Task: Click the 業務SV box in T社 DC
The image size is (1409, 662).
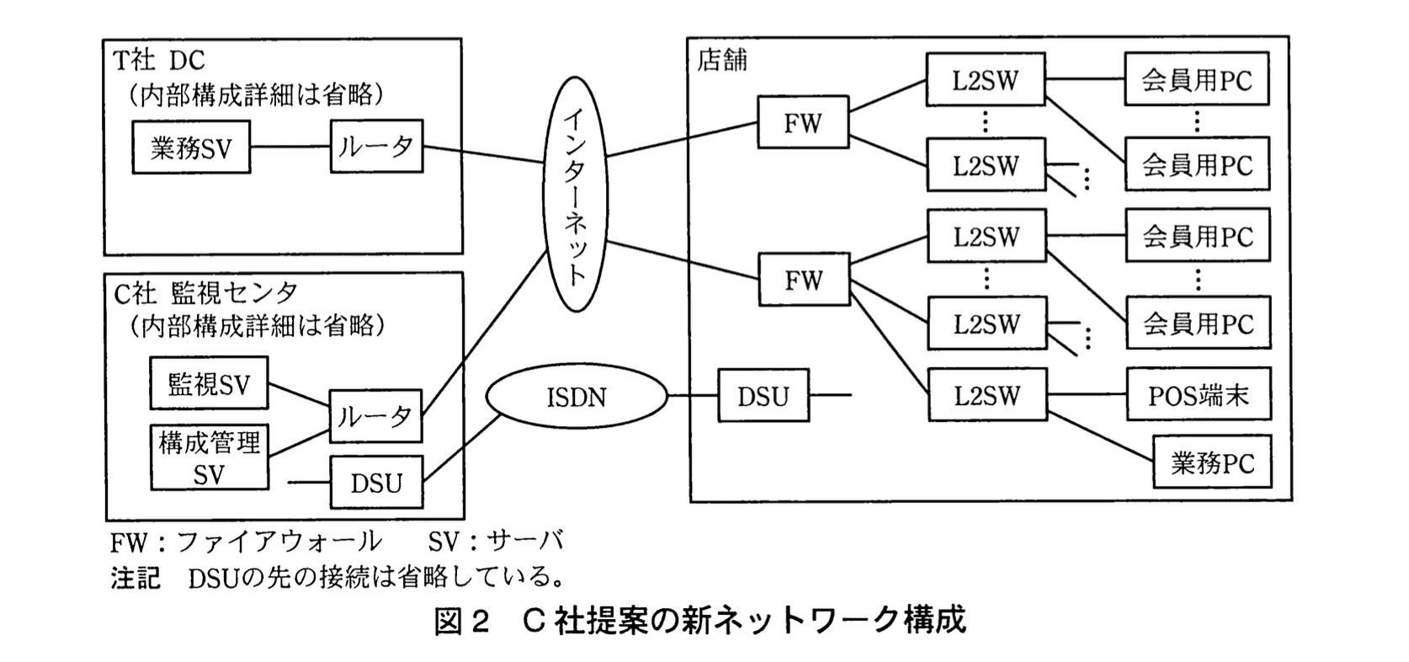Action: (x=191, y=148)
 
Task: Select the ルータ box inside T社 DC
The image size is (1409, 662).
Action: (x=376, y=147)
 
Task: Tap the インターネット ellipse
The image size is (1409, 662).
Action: (x=576, y=195)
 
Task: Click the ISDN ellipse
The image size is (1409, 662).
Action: (x=577, y=397)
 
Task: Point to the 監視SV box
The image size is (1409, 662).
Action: (x=210, y=384)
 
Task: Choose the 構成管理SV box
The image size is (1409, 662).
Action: (x=210, y=457)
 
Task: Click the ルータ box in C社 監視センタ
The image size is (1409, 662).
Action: (x=375, y=416)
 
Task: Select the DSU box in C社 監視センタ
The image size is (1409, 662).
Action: (x=376, y=483)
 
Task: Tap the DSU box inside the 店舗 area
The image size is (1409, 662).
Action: (x=763, y=396)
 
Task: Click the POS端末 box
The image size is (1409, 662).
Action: (x=1198, y=395)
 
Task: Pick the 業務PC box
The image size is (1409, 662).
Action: (x=1212, y=462)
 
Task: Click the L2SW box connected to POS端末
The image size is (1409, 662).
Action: (x=986, y=395)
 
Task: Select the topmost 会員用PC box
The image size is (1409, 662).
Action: (x=1196, y=80)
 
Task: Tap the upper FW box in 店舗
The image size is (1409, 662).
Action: (x=802, y=124)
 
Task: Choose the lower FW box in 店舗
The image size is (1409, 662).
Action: (x=803, y=280)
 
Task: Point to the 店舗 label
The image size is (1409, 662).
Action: (x=721, y=61)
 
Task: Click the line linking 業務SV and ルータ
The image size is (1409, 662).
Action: (x=290, y=147)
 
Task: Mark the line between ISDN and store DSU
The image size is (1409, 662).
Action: (x=692, y=396)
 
